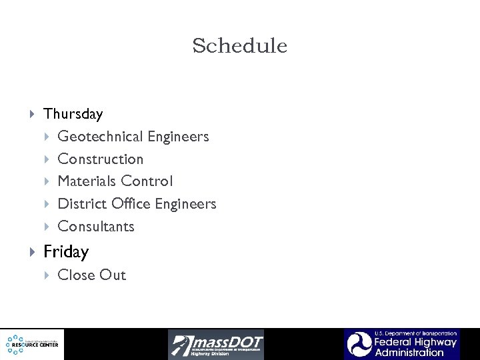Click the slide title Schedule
point(239,46)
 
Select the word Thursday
point(73,114)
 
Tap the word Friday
point(66,252)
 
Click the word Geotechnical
point(100,137)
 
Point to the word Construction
point(101,159)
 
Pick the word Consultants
point(96,227)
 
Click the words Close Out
point(92,275)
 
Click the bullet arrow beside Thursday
point(33,115)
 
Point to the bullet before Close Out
point(47,275)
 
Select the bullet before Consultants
point(47,227)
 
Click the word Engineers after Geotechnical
point(178,137)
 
